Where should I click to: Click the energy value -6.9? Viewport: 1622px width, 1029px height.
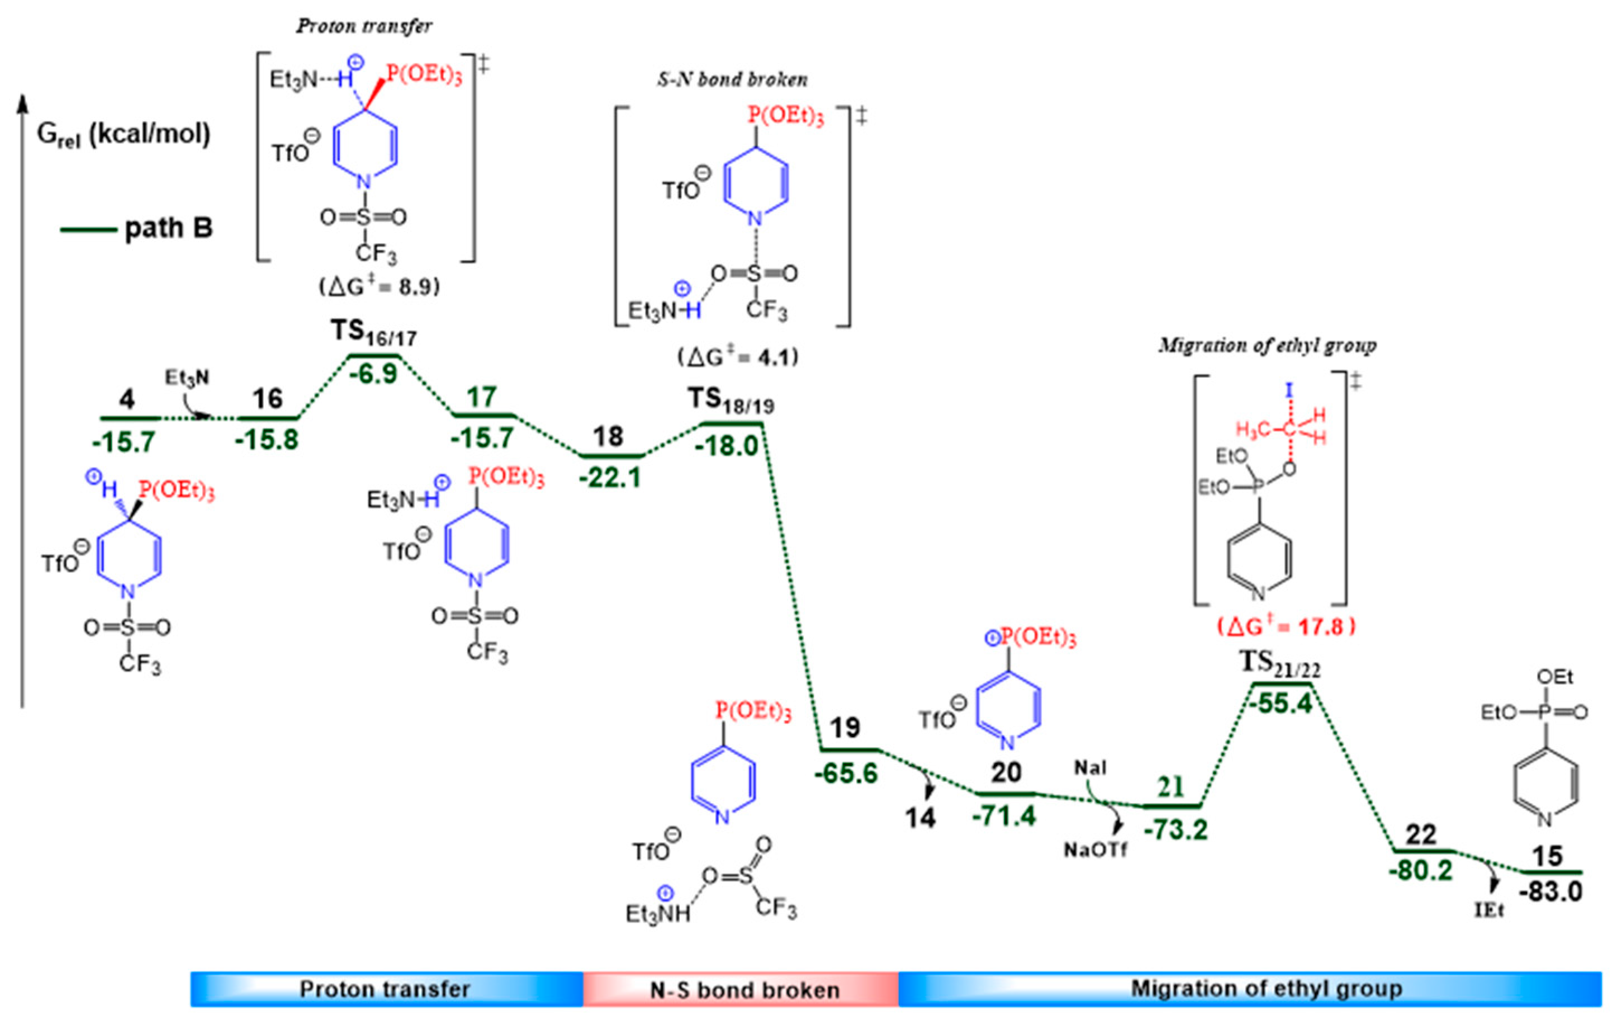pyautogui.click(x=374, y=374)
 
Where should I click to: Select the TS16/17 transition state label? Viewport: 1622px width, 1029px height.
pyautogui.click(x=373, y=332)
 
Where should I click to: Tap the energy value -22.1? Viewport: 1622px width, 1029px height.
pyautogui.click(x=610, y=478)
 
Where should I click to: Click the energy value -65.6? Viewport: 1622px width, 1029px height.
pyautogui.click(x=846, y=773)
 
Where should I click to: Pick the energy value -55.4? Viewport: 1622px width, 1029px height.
pyautogui.click(x=1281, y=704)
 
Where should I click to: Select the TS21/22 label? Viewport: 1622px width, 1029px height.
pyautogui.click(x=1280, y=664)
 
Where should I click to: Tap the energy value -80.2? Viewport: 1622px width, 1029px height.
pyautogui.click(x=1421, y=871)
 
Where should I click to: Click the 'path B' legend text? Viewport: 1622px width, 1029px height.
pyautogui.click(x=168, y=228)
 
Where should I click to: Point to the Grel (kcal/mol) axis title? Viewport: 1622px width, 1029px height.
pyautogui.click(x=124, y=135)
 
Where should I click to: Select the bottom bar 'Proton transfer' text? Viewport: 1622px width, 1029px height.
pyautogui.click(x=385, y=989)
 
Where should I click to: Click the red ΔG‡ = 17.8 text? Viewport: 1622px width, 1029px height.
pyautogui.click(x=1286, y=627)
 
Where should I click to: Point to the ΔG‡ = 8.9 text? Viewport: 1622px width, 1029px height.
pyautogui.click(x=379, y=286)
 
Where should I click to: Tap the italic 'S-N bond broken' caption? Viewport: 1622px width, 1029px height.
pyautogui.click(x=732, y=79)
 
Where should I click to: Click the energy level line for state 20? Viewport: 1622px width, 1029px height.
pyautogui.click(x=1006, y=793)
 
